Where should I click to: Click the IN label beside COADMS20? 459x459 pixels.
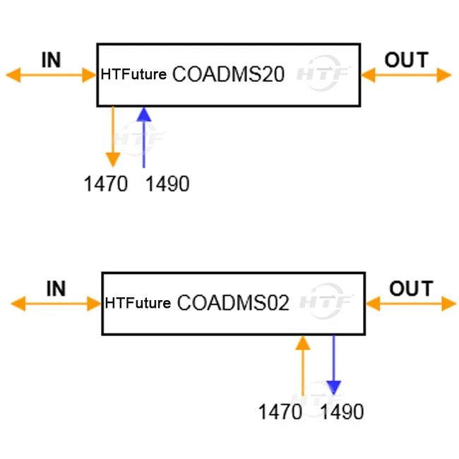(52, 60)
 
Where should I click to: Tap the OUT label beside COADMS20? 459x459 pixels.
(407, 60)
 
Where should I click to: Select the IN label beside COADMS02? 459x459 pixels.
(56, 289)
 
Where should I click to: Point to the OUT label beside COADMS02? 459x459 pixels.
(411, 289)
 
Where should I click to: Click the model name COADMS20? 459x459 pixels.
(228, 74)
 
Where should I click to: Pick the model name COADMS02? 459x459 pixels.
(233, 303)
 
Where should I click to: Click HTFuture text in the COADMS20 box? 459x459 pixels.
(133, 74)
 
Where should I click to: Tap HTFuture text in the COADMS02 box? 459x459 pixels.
(138, 303)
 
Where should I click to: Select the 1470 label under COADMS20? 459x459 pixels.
(106, 184)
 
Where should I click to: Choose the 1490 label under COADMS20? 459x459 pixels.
(167, 184)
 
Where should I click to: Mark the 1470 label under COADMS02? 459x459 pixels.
(280, 412)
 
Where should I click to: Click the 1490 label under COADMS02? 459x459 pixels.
(342, 412)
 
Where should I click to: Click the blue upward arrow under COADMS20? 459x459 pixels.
(144, 137)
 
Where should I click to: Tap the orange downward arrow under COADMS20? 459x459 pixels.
(113, 137)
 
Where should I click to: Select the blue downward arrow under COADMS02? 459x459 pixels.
(334, 365)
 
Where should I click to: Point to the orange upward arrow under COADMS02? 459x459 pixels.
(303, 366)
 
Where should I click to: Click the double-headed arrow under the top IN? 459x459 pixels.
(52, 76)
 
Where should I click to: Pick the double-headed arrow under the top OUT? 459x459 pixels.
(406, 76)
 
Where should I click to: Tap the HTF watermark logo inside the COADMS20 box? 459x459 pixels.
(323, 73)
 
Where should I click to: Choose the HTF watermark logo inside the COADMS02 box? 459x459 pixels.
(326, 302)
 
